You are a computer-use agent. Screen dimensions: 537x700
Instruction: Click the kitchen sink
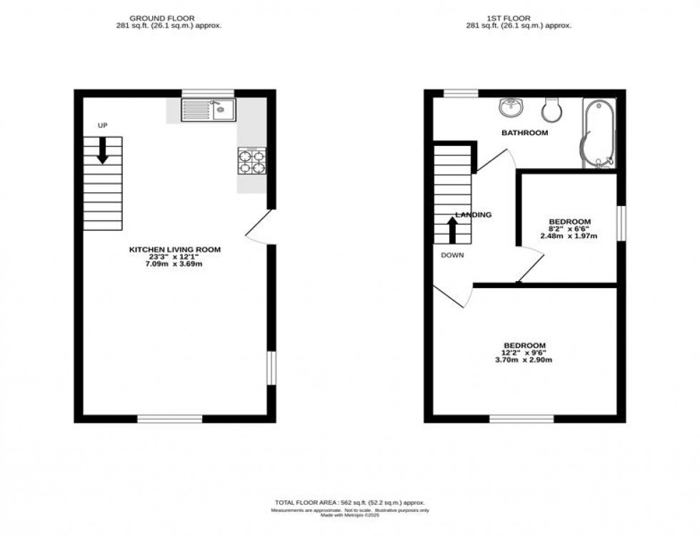pyautogui.click(x=208, y=109)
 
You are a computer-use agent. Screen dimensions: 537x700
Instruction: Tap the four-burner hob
pyautogui.click(x=251, y=161)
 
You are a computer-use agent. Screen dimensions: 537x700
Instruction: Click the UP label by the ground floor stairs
pyautogui.click(x=102, y=126)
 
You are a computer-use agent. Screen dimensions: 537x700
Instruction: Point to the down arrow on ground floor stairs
pyautogui.click(x=102, y=150)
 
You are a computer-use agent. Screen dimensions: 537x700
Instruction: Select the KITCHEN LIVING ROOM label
pyautogui.click(x=175, y=250)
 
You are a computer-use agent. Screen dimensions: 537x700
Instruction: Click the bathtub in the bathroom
pyautogui.click(x=599, y=134)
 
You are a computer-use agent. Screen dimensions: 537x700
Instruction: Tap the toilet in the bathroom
pyautogui.click(x=551, y=108)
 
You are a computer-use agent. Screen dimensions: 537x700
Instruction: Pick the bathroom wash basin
pyautogui.click(x=511, y=107)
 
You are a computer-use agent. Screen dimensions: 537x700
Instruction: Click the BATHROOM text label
pyautogui.click(x=524, y=133)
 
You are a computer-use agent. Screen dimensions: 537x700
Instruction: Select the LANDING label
pyautogui.click(x=474, y=215)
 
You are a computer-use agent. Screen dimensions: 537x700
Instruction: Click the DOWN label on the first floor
pyautogui.click(x=451, y=255)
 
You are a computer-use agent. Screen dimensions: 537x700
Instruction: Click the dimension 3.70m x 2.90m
pyautogui.click(x=528, y=360)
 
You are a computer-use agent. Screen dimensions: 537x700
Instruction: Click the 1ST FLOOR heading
pyautogui.click(x=524, y=18)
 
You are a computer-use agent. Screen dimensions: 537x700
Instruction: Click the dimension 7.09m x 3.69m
pyautogui.click(x=175, y=265)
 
